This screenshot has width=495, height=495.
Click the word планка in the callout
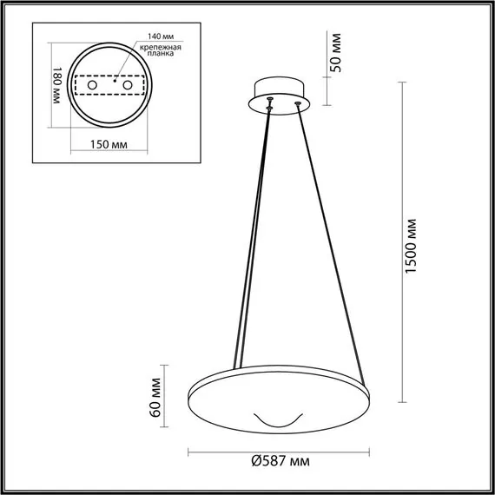click(x=161, y=54)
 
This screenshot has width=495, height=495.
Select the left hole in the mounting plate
click(x=89, y=88)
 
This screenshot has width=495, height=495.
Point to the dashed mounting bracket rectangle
click(x=108, y=88)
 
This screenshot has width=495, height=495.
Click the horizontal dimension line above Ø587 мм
click(x=275, y=452)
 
